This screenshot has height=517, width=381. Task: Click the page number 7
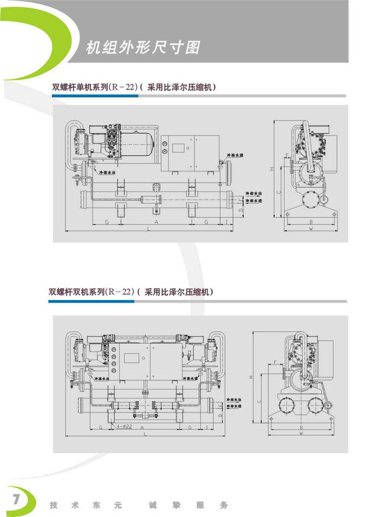pos(16,498)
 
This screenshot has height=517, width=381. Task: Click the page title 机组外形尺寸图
pos(143,47)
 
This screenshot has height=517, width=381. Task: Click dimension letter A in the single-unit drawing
pos(156,223)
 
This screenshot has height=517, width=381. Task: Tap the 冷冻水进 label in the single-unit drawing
pos(234,156)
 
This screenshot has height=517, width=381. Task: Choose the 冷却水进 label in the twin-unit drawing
pos(233,406)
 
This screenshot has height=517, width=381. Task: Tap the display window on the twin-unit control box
pos(132,358)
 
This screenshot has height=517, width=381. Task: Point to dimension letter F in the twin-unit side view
pos(275,362)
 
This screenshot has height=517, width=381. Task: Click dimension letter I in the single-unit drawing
pos(226,223)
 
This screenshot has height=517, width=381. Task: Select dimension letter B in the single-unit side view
pos(310,222)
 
